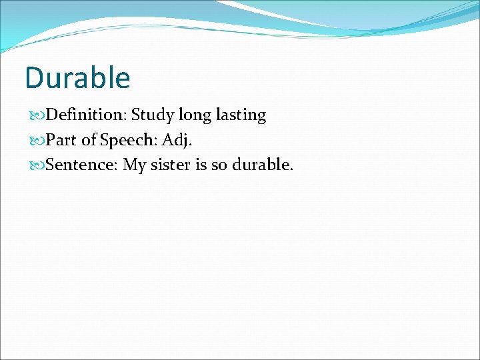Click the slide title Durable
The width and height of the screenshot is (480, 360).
pyautogui.click(x=77, y=77)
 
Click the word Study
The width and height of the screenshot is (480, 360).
pyautogui.click(x=152, y=115)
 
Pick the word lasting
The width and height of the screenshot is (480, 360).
pyautogui.click(x=242, y=115)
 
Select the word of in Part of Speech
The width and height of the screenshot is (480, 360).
pyautogui.click(x=89, y=140)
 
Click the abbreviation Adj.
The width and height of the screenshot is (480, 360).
pyautogui.click(x=177, y=141)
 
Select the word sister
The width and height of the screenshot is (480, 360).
pyautogui.click(x=171, y=165)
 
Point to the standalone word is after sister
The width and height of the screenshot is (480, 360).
pyautogui.click(x=201, y=165)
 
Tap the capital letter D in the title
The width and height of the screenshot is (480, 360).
pyautogui.click(x=35, y=77)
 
